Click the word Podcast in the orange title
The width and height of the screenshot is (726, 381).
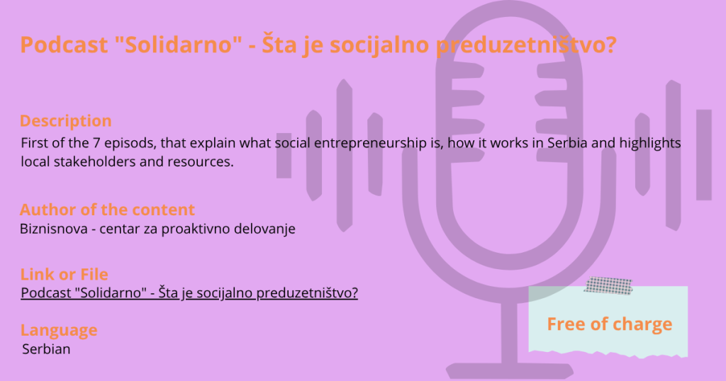tap(65, 45)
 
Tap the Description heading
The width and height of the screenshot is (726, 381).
tap(66, 120)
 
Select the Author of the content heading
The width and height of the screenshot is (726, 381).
tap(108, 210)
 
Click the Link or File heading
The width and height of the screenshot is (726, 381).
tap(65, 274)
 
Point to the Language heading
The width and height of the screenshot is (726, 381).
tap(59, 330)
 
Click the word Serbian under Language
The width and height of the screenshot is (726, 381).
tap(46, 349)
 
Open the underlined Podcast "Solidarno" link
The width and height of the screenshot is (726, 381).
tap(189, 292)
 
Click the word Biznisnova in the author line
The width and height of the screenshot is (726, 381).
tap(54, 229)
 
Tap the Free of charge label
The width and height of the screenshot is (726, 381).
tap(609, 324)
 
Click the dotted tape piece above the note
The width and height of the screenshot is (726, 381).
tap(608, 286)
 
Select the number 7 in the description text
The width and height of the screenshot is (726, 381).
tap(96, 143)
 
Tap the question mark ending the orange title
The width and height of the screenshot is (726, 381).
tap(610, 45)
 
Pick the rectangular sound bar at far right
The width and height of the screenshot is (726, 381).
tap(704, 155)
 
